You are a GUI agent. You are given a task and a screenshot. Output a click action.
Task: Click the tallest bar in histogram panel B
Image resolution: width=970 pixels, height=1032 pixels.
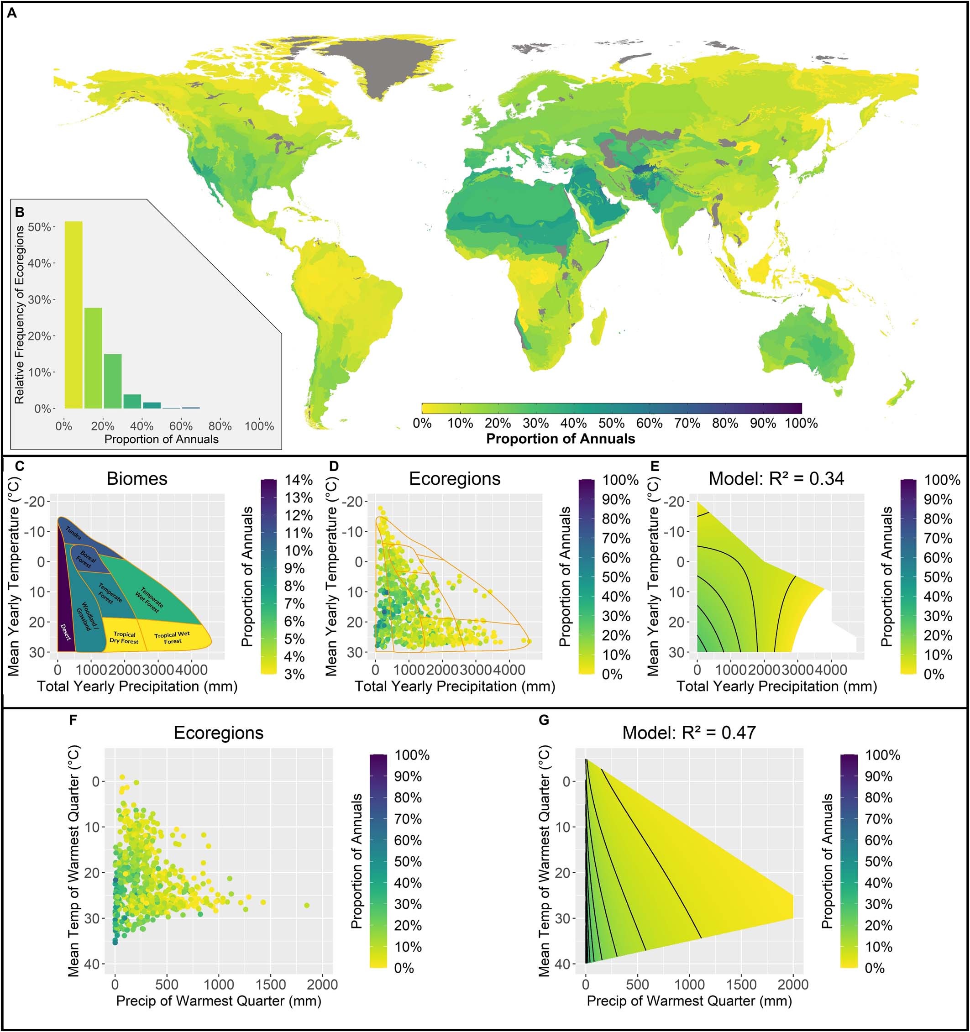pyautogui.click(x=73, y=315)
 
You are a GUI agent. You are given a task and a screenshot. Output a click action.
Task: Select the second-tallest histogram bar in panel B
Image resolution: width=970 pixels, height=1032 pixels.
pyautogui.click(x=93, y=358)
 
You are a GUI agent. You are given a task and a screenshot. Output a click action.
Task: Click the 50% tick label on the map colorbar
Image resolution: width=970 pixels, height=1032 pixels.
pyautogui.click(x=611, y=424)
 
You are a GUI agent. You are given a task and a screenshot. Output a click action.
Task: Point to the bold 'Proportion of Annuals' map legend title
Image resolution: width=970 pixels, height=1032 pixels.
pyautogui.click(x=560, y=439)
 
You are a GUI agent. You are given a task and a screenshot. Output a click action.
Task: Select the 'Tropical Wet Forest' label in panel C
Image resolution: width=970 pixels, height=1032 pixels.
pyautogui.click(x=172, y=638)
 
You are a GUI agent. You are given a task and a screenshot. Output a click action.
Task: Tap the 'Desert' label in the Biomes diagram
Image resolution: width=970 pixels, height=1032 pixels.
pyautogui.click(x=65, y=632)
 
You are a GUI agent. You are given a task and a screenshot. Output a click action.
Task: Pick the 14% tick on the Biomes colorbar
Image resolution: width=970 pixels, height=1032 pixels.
pyautogui.click(x=298, y=480)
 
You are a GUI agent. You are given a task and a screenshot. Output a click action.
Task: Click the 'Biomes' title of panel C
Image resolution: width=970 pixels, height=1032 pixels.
pyautogui.click(x=137, y=479)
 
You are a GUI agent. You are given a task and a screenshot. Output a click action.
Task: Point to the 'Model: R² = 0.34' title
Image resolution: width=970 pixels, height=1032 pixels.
pyautogui.click(x=776, y=479)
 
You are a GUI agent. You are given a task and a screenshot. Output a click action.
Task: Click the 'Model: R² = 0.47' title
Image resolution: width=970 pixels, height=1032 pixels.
pyautogui.click(x=689, y=733)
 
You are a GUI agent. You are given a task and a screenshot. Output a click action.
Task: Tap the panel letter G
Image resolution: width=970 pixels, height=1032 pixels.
pyautogui.click(x=544, y=720)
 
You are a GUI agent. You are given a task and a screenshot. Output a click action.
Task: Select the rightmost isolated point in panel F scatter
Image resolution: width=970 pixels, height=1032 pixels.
pyautogui.click(x=306, y=905)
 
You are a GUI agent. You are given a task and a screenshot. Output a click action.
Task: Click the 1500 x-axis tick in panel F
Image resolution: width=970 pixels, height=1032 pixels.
pyautogui.click(x=271, y=985)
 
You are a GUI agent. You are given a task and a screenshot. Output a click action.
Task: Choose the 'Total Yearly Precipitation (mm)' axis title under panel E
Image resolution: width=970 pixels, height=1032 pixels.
pyautogui.click(x=776, y=686)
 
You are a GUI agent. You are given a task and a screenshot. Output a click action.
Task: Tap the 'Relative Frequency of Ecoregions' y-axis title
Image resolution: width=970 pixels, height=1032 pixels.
pyautogui.click(x=20, y=314)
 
